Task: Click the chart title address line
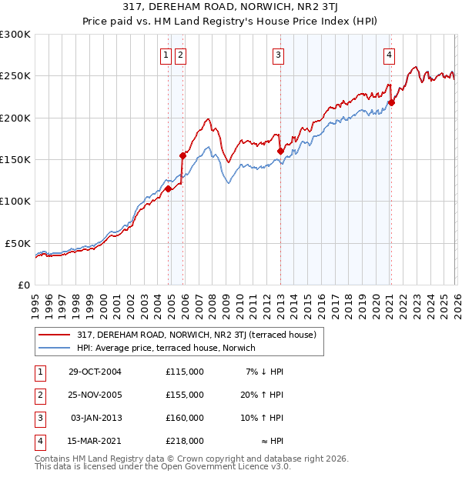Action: (x=231, y=7)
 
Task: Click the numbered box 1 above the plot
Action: (x=166, y=55)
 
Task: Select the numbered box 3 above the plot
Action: (x=277, y=55)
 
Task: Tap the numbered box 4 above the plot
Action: (x=390, y=55)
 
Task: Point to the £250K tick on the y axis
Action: (x=15, y=76)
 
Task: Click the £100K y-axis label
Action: (x=15, y=201)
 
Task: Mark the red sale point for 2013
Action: (x=280, y=152)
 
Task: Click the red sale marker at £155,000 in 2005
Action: (x=183, y=155)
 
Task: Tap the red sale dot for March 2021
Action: (x=391, y=102)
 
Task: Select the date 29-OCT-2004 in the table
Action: (x=95, y=372)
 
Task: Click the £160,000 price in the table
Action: (x=184, y=418)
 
